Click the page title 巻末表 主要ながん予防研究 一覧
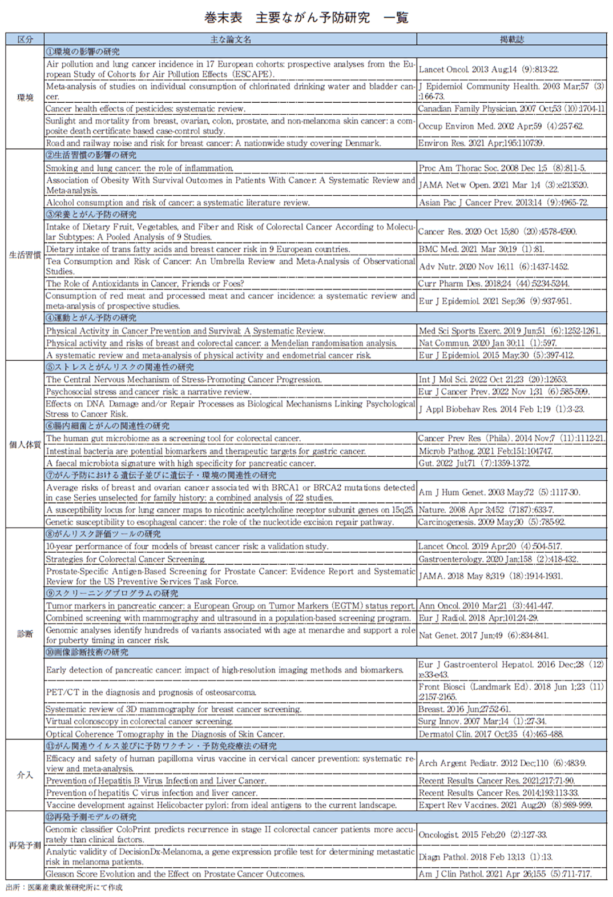(x=306, y=18)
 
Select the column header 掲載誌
(x=511, y=39)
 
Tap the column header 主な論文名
(x=231, y=39)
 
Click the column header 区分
(x=25, y=39)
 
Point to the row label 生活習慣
(x=25, y=255)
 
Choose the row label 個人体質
(x=25, y=444)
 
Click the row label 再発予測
(x=25, y=845)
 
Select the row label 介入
(x=25, y=775)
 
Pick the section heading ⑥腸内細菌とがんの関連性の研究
(x=108, y=426)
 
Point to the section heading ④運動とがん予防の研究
(x=91, y=318)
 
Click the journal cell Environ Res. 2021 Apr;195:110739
(x=481, y=143)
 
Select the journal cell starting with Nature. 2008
(x=486, y=510)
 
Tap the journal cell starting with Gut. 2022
(x=474, y=463)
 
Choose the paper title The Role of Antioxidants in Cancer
(x=145, y=283)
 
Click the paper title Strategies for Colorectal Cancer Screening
(x=125, y=559)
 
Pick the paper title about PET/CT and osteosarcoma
(x=151, y=692)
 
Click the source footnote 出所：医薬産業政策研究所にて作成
(x=64, y=887)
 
